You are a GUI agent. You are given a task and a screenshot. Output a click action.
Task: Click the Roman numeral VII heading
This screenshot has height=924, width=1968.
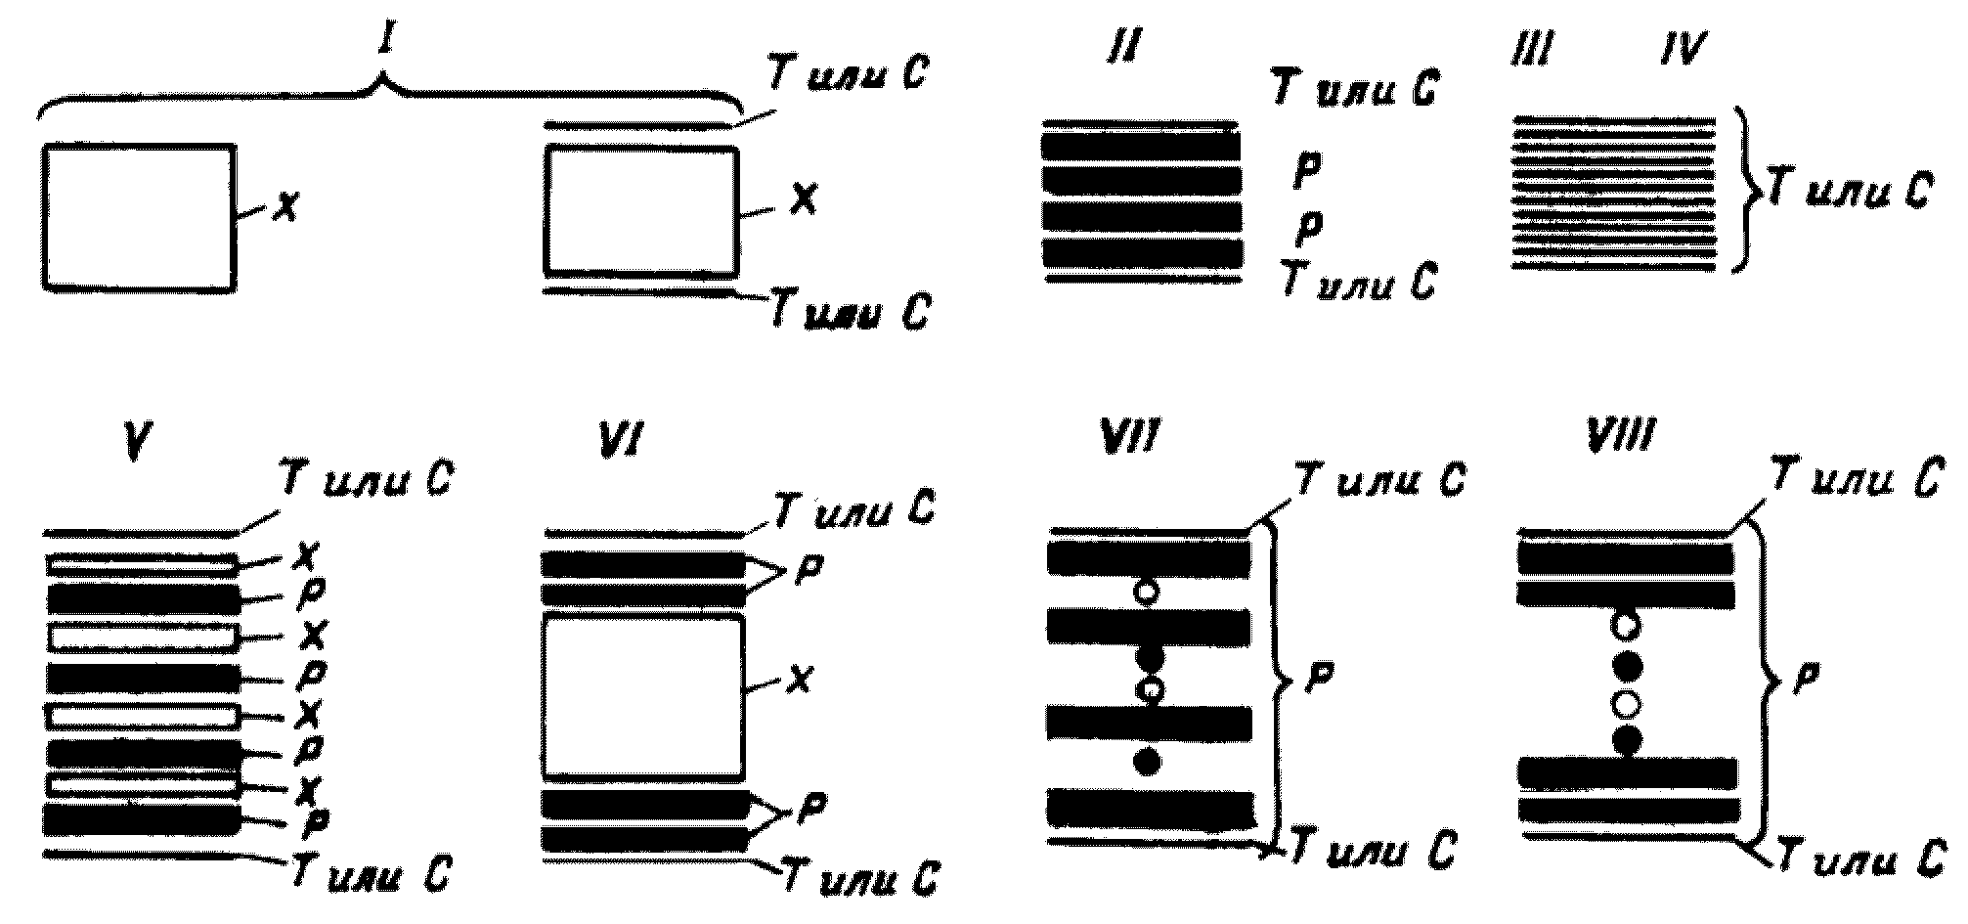click(x=1131, y=437)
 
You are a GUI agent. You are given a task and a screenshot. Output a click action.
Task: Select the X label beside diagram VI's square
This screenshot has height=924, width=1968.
click(x=800, y=680)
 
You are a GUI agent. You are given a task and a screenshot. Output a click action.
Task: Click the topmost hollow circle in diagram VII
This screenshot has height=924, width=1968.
click(x=1147, y=592)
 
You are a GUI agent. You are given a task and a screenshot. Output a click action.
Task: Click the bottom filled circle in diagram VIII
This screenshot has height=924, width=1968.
click(x=1627, y=740)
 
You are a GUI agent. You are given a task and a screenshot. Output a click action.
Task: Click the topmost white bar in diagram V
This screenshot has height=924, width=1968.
click(x=142, y=565)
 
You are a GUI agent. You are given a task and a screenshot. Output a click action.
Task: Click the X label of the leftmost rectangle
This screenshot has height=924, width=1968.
click(x=284, y=206)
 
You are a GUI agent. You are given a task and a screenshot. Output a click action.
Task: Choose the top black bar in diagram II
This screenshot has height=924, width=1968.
click(x=1141, y=146)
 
